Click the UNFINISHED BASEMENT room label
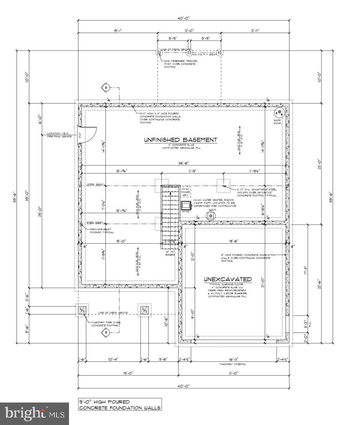180,140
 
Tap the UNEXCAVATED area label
227,279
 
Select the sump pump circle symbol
279,113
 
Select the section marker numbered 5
106,88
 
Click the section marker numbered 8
106,332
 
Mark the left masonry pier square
82,310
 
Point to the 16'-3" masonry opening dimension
233,359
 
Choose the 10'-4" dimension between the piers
113,359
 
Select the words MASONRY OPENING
232,364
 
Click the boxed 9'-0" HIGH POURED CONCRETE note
120,404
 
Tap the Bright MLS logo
34,414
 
